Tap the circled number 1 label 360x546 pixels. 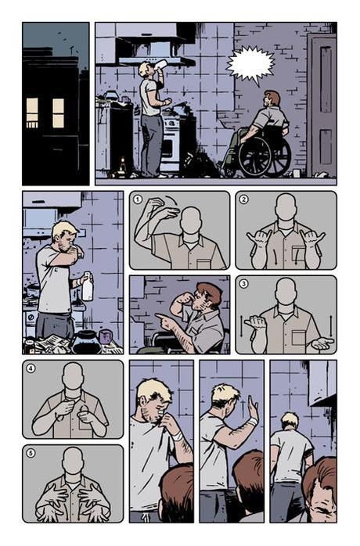[x=138, y=199]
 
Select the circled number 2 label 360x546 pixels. [x=243, y=199]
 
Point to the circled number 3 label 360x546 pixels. [x=243, y=283]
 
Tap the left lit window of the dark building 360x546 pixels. [x=32, y=112]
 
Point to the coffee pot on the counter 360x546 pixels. [x=87, y=341]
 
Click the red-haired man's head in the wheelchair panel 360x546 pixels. [x=272, y=99]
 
